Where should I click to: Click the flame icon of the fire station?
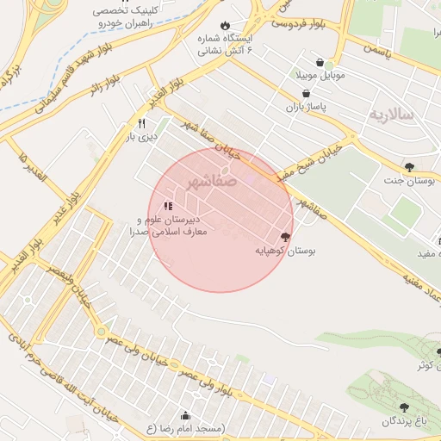pos(226,25)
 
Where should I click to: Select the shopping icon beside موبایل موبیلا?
pos(320,64)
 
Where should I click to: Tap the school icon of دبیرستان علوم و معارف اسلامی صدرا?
pos(167,206)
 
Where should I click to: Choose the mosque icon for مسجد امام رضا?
pos(186,415)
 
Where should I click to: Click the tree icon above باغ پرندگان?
pos(404,407)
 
